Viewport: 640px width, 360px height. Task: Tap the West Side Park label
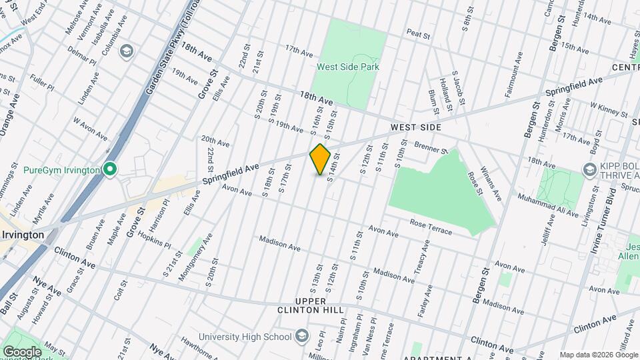tap(347, 67)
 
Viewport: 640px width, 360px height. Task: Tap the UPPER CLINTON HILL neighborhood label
tap(311, 306)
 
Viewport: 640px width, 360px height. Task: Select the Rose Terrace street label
tap(431, 227)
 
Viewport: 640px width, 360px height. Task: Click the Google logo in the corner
tap(22, 351)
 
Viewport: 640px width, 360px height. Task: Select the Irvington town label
tap(23, 235)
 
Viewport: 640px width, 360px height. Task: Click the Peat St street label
tap(417, 33)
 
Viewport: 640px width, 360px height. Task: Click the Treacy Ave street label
tap(419, 261)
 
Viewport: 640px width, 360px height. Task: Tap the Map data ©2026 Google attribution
tap(599, 355)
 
